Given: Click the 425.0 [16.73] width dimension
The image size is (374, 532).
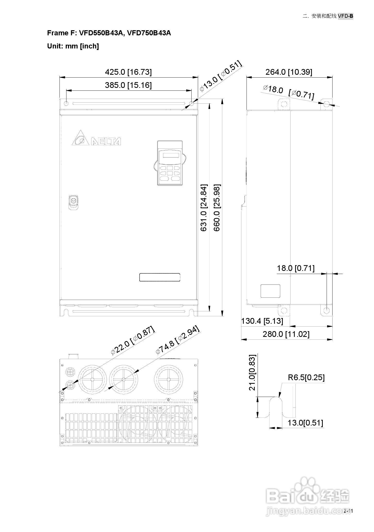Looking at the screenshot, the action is [x=128, y=72].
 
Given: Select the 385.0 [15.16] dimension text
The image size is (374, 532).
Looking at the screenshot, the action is [x=128, y=85].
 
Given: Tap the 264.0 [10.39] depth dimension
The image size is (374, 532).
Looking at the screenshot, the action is [x=289, y=72].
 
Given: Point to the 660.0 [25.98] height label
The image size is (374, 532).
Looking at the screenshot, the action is [x=217, y=208].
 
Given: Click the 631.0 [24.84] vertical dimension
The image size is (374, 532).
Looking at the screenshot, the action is [x=204, y=208].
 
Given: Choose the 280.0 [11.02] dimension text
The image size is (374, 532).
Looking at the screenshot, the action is [x=286, y=334].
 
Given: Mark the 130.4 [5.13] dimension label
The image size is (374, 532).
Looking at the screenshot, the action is [x=262, y=321].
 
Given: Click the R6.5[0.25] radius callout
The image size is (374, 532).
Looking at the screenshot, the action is [x=306, y=378].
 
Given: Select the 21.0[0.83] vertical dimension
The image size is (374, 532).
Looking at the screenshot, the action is [x=253, y=372].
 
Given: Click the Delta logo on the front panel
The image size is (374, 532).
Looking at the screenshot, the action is [x=96, y=138].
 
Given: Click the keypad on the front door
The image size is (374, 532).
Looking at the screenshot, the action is [x=170, y=163].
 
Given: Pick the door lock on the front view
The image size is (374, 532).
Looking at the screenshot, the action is [x=73, y=202].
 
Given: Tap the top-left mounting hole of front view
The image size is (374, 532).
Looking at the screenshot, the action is [x=66, y=104].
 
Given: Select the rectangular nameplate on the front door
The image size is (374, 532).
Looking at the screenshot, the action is [x=160, y=277].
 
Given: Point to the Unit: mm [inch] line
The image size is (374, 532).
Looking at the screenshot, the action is [x=73, y=46].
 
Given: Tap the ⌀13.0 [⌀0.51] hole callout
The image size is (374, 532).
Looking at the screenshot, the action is [x=221, y=76].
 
